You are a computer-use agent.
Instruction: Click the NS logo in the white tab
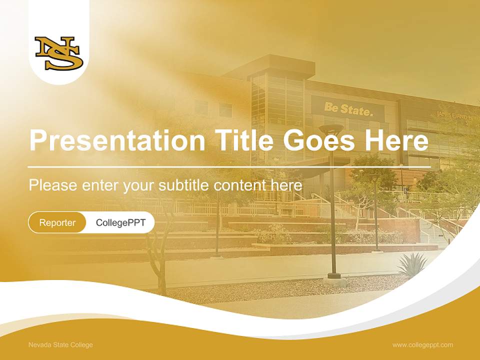tap(58, 53)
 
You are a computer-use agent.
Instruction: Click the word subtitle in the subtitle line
tap(185, 185)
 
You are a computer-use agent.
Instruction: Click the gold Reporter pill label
tap(57, 222)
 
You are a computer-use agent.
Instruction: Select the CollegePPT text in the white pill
tap(120, 222)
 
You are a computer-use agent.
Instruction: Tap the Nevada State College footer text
tap(60, 344)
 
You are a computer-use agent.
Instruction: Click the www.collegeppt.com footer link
tap(422, 344)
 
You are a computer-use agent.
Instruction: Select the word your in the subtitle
tap(139, 185)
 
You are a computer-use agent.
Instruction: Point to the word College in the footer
tap(81, 344)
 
